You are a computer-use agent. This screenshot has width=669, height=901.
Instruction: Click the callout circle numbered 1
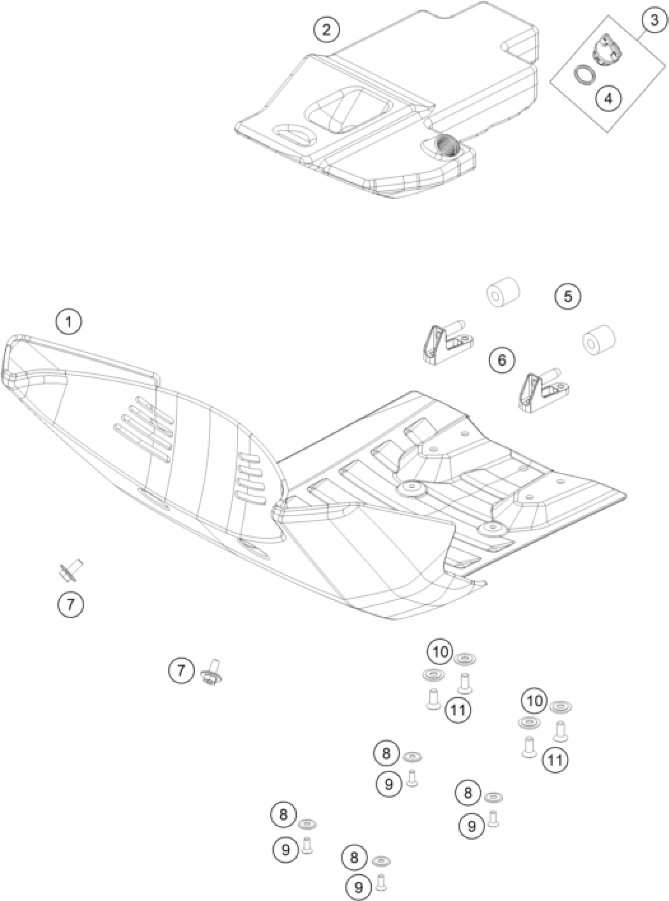pos(69,322)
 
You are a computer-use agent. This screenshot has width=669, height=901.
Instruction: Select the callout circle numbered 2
pos(326,30)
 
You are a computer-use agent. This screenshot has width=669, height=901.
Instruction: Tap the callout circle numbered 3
pos(654,20)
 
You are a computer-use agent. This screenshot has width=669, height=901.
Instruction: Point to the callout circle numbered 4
pos(609,98)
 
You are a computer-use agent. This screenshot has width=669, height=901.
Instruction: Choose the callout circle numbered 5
pos(567,296)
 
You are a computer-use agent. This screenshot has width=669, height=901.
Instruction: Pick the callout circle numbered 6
pos(502,360)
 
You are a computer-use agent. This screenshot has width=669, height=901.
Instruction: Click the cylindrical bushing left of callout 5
pos(503,292)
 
